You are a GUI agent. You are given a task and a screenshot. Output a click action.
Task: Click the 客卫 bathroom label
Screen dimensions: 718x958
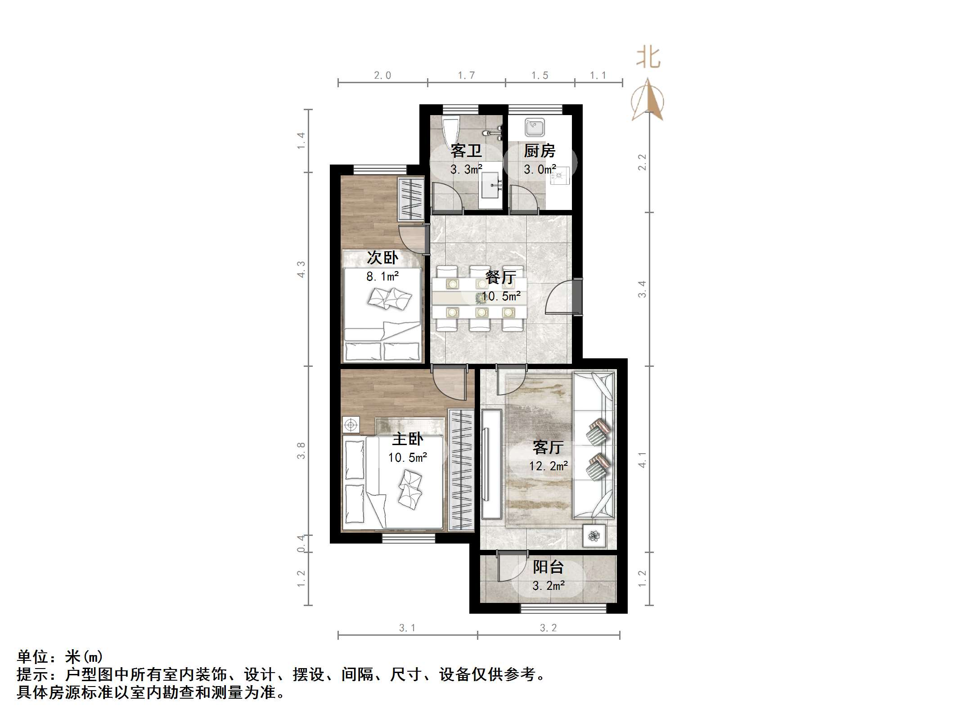pos(466,151)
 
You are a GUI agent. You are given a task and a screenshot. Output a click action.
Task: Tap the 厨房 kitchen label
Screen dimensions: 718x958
pos(540,151)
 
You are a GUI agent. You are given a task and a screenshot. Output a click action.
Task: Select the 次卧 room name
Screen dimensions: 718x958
pos(382,258)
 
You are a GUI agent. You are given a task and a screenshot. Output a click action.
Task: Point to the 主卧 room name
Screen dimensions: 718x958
pos(408,439)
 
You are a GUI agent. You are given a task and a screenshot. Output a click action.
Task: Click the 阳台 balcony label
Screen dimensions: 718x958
pos(548,567)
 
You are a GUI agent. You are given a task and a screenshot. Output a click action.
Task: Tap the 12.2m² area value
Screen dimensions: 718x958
pos(548,466)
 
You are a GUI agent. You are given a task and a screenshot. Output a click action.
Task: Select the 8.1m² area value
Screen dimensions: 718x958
pos(382,276)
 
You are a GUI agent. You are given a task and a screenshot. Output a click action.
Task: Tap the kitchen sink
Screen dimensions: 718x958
pos(534,127)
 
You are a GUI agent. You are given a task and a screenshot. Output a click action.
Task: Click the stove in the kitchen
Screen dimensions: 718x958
pos(559,176)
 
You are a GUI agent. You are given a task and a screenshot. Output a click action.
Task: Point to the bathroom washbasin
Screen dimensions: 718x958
pos(490,185)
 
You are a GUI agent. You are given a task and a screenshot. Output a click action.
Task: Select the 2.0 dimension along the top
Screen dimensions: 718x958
pos(382,76)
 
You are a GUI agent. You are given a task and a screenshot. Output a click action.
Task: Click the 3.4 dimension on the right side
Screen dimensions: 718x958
pos(642,289)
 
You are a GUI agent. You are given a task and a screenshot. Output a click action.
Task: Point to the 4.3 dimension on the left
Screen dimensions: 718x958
pos(301,269)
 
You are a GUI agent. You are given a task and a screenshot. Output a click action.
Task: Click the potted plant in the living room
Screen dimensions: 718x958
pos(594,536)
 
